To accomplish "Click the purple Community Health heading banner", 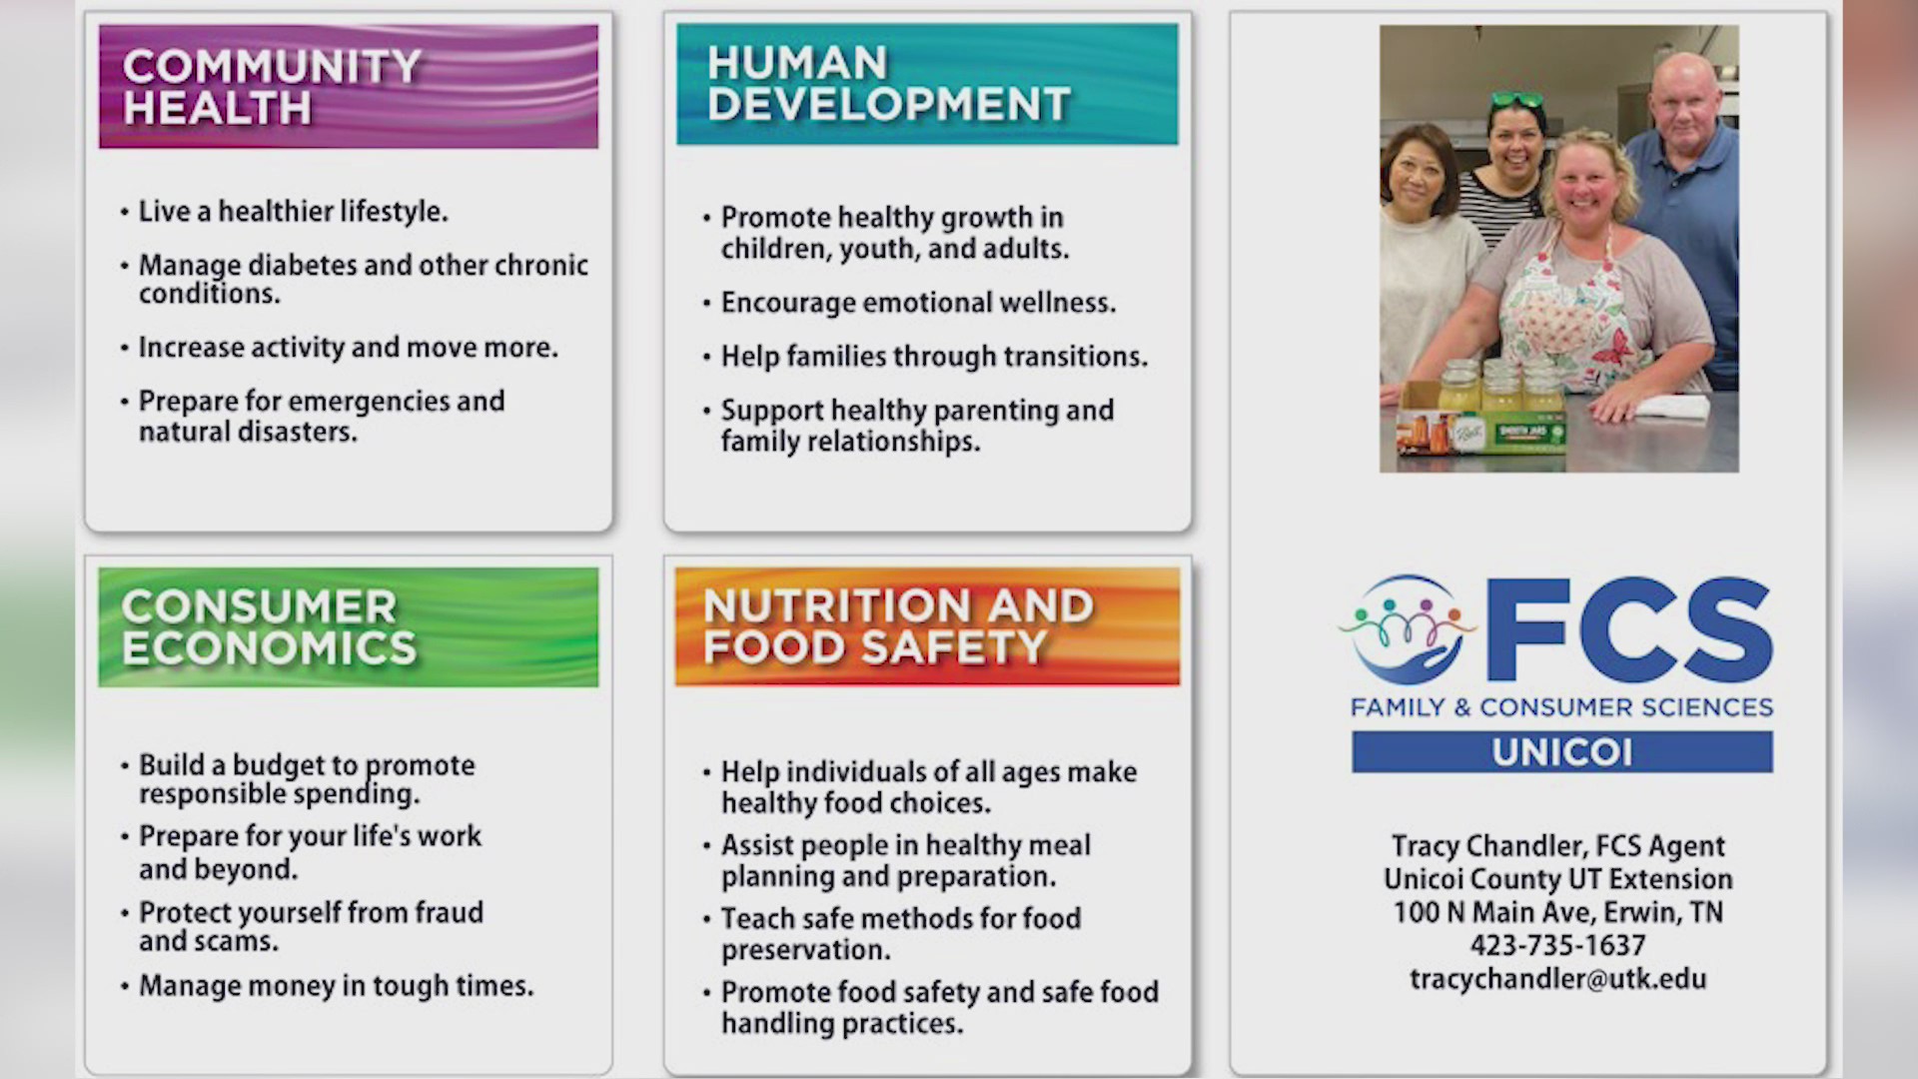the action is pyautogui.click(x=349, y=87).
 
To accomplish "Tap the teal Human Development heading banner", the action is pyautogui.click(x=927, y=84).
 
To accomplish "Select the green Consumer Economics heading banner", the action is pyautogui.click(x=349, y=627).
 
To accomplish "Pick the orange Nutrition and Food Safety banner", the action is pyautogui.click(x=927, y=626).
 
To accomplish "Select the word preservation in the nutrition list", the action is pyautogui.click(x=805, y=950).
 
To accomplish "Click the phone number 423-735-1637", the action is pyautogui.click(x=1557, y=945).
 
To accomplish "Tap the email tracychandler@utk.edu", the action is pyautogui.click(x=1557, y=979).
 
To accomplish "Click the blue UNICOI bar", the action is pyautogui.click(x=1562, y=751).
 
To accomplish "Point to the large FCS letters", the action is pyautogui.click(x=1628, y=629).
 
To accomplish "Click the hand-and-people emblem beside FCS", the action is pyautogui.click(x=1408, y=629).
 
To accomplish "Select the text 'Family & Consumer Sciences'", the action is pyautogui.click(x=1561, y=707).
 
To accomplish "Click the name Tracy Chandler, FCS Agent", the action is pyautogui.click(x=1557, y=846).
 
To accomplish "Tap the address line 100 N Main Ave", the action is pyautogui.click(x=1557, y=912).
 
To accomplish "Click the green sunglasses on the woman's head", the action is pyautogui.click(x=1516, y=100).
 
